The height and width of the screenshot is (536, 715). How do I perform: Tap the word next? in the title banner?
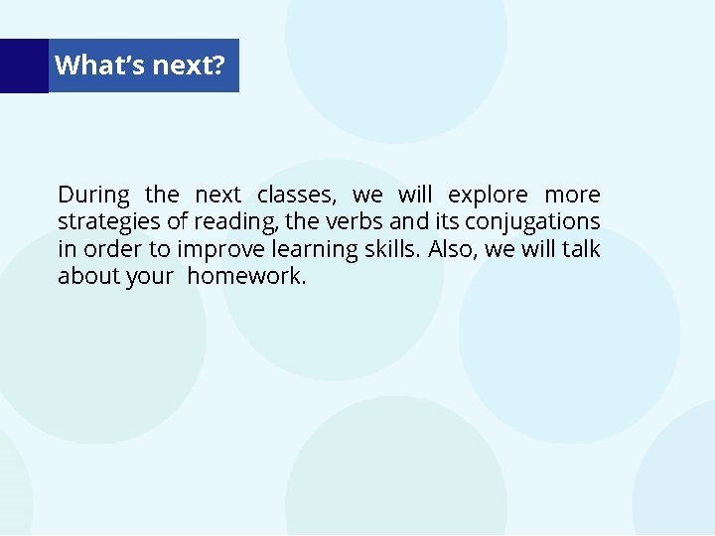[x=189, y=66]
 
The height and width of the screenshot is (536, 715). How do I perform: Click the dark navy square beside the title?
[x=24, y=66]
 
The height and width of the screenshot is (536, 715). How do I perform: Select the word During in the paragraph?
[x=93, y=194]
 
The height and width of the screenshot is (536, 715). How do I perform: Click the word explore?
[x=488, y=194]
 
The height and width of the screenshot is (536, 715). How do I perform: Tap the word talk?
[x=581, y=248]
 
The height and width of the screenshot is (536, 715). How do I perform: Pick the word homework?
[x=246, y=276]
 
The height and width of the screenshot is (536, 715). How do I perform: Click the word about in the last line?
[x=88, y=276]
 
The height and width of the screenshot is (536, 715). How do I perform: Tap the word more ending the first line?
[x=572, y=194]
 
